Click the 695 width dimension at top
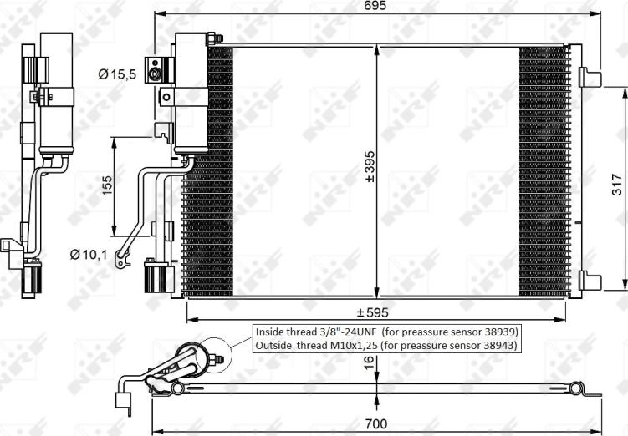tap(375, 7)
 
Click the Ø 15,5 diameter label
tap(116, 74)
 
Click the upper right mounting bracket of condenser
tap(590, 77)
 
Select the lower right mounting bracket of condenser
tap(590, 281)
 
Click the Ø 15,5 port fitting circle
tap(155, 74)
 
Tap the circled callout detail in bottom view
tap(217, 357)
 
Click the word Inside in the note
tap(272, 330)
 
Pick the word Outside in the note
tap(276, 344)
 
